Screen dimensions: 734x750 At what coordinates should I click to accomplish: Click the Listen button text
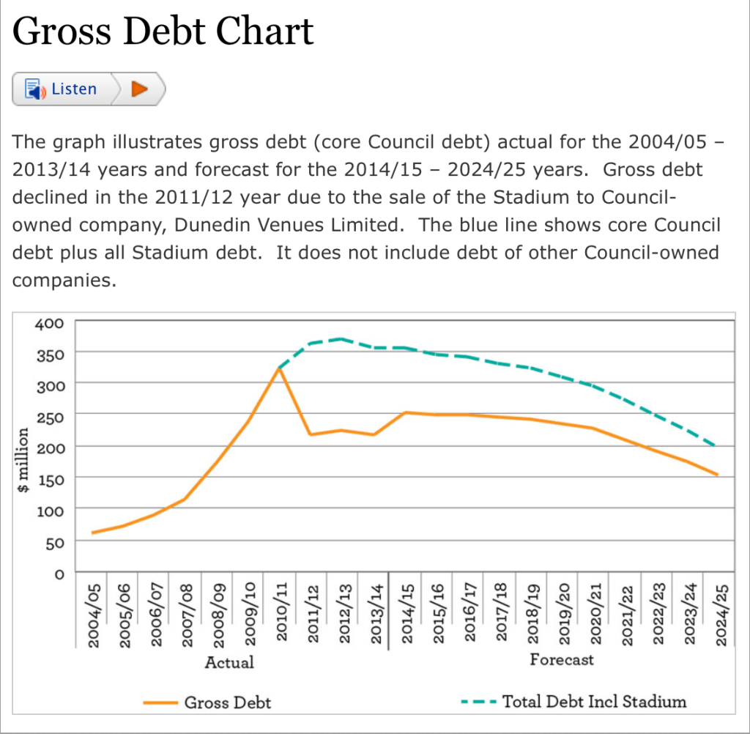click(73, 89)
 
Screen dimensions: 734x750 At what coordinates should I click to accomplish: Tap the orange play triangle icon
click(138, 89)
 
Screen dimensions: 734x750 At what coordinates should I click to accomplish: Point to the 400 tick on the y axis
click(54, 322)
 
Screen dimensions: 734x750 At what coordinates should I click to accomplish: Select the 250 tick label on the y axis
click(54, 415)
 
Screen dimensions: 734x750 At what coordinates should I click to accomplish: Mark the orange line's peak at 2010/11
click(279, 368)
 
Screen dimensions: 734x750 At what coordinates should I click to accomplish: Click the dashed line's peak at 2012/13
click(341, 338)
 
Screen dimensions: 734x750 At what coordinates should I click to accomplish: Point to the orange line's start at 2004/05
click(92, 533)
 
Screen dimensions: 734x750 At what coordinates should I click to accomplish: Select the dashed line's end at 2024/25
click(716, 446)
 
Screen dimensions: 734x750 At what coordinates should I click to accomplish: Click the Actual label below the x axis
click(229, 662)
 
